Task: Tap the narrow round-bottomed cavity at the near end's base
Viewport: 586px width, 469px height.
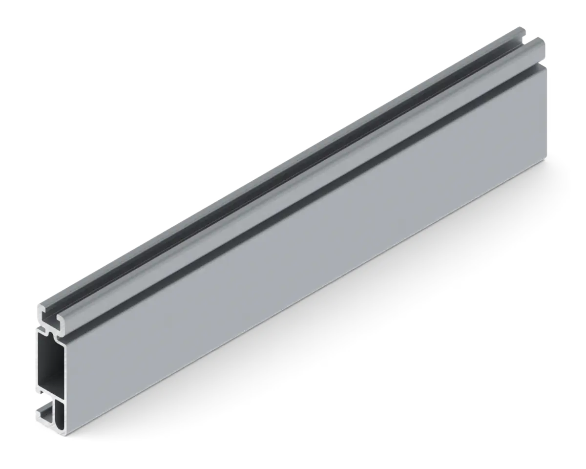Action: point(60,413)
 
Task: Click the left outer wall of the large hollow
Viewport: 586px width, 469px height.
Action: point(38,362)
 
